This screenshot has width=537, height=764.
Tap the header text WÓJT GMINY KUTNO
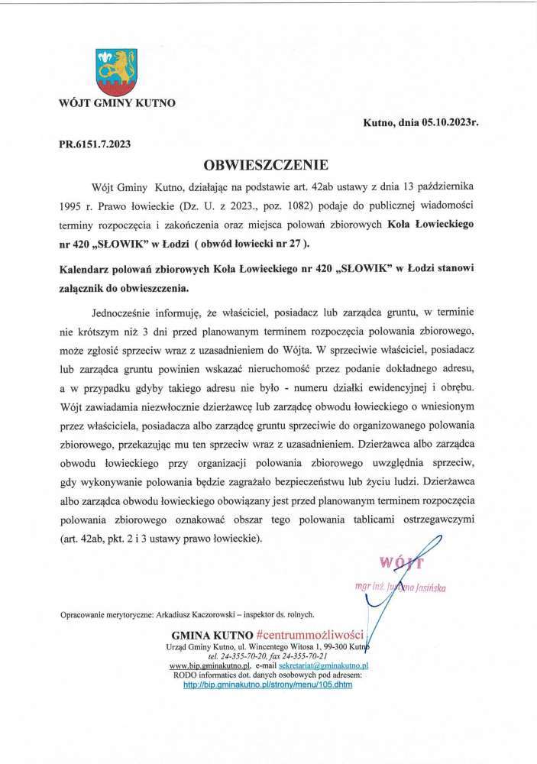(117, 102)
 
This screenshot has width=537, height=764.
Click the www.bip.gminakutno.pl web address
(199, 666)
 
